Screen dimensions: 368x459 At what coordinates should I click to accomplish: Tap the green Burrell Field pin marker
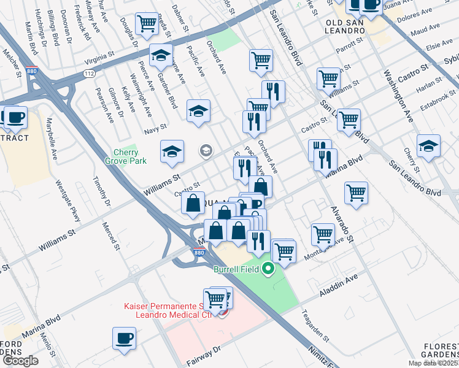[268, 269]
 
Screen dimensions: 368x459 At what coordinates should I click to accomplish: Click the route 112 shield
[89, 73]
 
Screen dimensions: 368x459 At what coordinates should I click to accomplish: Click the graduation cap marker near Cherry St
[428, 147]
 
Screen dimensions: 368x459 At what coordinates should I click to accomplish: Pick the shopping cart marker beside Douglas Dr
[147, 24]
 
